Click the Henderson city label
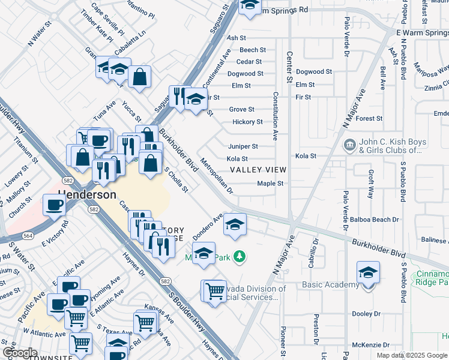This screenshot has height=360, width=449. click(87, 195)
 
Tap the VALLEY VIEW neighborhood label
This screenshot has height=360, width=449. click(258, 170)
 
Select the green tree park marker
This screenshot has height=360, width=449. click(240, 257)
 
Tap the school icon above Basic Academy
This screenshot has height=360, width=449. click(368, 272)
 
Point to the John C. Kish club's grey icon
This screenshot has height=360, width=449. click(349, 146)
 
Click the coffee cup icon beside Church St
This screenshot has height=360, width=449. click(54, 205)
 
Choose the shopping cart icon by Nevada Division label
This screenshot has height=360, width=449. click(214, 292)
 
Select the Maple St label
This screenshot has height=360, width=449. click(270, 184)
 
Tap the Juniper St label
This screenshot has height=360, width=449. click(243, 146)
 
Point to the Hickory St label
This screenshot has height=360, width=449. click(248, 122)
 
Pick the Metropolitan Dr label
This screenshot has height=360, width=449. click(217, 176)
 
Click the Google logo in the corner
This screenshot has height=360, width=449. click(20, 353)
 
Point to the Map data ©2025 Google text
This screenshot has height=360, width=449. click(411, 355)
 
